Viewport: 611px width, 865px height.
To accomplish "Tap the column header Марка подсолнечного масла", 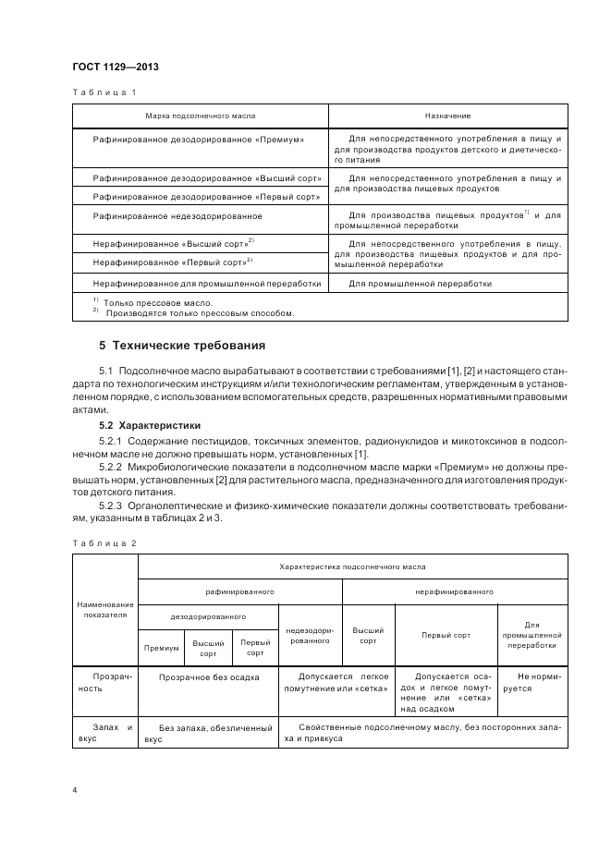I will [x=200, y=116].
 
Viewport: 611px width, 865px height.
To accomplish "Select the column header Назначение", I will [x=448, y=116].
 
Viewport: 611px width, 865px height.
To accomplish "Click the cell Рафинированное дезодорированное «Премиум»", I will [x=200, y=139].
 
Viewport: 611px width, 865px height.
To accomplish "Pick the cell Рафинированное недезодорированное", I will [x=178, y=215].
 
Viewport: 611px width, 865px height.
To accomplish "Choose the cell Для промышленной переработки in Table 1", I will [x=420, y=284].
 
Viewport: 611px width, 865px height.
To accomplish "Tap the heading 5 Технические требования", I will [x=182, y=347].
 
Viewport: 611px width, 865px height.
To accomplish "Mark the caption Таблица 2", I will [x=104, y=542].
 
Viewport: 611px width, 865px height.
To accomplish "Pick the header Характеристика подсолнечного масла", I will [x=352, y=565].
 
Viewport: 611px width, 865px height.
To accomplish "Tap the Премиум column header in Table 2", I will [x=162, y=648].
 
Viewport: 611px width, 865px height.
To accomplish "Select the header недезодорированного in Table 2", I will [x=310, y=634].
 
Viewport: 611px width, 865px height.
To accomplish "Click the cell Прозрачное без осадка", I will [x=209, y=676].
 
